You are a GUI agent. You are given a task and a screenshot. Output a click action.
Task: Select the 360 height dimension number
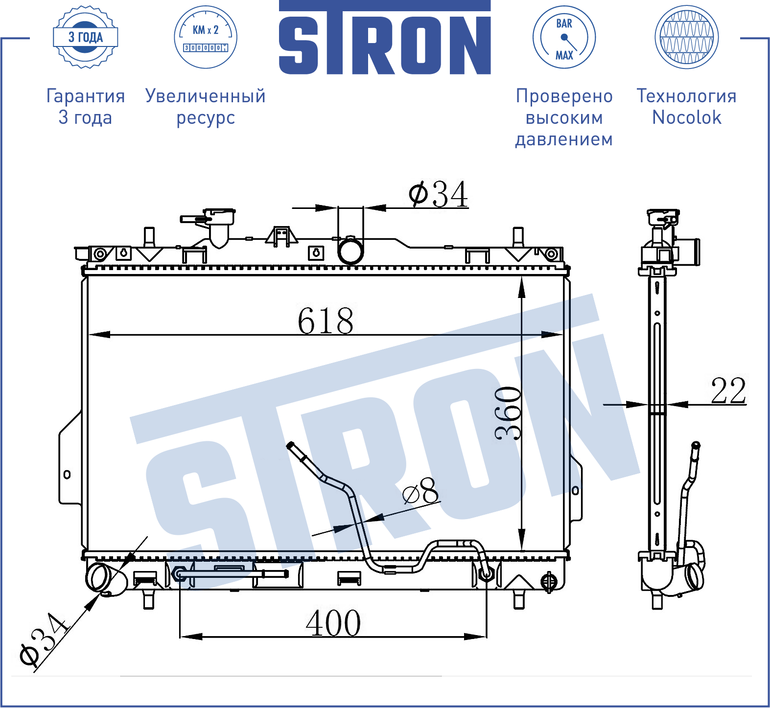point(508,413)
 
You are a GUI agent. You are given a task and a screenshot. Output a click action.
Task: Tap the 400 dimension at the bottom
point(333,623)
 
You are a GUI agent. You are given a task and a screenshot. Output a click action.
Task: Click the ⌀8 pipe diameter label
point(421,491)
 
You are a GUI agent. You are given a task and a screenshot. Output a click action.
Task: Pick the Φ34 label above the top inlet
point(439,194)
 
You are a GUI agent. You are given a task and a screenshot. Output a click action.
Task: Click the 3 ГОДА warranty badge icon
point(86,37)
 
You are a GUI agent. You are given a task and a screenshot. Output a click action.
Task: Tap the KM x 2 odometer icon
point(206,37)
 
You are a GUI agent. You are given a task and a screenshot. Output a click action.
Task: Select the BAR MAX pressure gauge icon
point(564,37)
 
